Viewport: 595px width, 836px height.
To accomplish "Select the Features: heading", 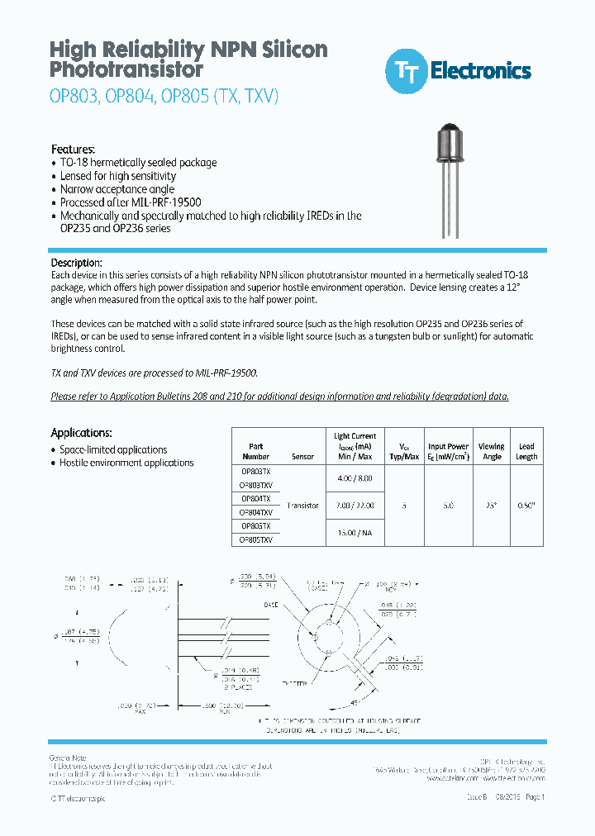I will [74, 150].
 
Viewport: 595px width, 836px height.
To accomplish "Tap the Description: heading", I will [77, 262].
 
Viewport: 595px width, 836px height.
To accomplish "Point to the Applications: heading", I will [81, 433].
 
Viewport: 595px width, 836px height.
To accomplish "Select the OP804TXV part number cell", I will [255, 512].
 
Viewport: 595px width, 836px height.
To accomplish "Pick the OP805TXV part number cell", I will [255, 539].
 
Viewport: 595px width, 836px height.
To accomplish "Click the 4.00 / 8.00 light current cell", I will [355, 477].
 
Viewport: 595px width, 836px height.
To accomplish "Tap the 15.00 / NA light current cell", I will [355, 533].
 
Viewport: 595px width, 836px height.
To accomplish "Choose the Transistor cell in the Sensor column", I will [302, 506].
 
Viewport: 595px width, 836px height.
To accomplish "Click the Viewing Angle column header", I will [491, 451].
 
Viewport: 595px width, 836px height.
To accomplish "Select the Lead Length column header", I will [526, 451].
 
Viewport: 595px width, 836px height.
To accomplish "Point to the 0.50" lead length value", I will [526, 506].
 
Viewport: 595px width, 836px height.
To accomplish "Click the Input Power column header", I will [448, 451].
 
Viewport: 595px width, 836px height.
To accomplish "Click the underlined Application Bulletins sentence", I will [280, 397].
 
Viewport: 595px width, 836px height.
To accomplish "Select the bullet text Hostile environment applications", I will [126, 463].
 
